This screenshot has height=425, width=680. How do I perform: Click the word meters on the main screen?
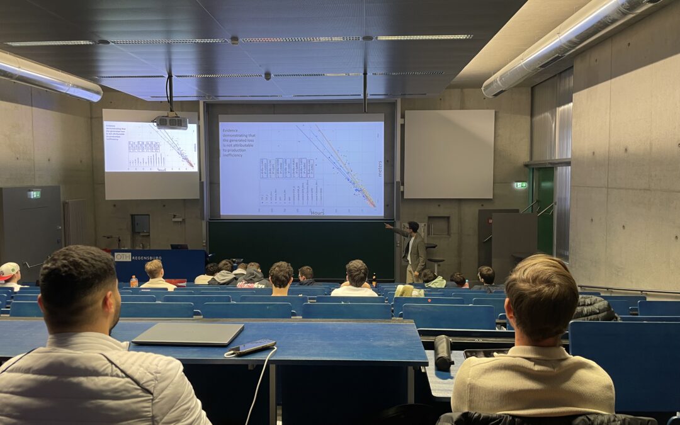(379, 168)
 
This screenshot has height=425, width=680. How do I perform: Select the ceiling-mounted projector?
(171, 122)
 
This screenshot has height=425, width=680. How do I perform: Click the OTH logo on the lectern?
(122, 257)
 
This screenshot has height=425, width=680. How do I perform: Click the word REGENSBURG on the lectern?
(147, 258)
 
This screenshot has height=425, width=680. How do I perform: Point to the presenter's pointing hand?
(387, 225)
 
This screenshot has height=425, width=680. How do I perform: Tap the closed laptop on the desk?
(188, 334)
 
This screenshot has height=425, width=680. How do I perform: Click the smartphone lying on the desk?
(252, 347)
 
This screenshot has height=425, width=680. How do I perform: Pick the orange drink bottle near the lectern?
(133, 281)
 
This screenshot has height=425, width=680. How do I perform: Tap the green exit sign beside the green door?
(520, 185)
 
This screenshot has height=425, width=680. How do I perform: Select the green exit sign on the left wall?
(34, 195)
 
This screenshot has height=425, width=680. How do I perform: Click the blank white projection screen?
(449, 154)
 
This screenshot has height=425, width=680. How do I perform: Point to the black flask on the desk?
(443, 352)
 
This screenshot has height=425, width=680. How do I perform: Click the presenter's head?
(413, 227)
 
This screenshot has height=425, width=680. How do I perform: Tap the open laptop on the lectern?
(179, 246)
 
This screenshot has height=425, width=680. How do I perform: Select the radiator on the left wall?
(75, 222)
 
